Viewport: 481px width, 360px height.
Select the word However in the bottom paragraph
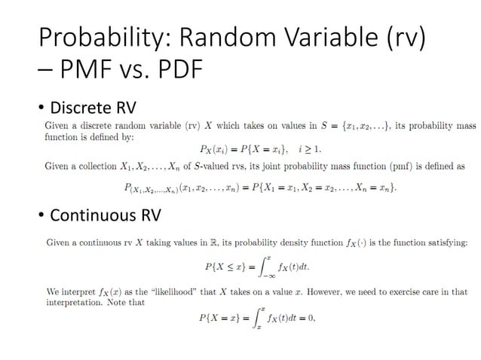pos(349,291)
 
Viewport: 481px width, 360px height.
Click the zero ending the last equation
pos(310,318)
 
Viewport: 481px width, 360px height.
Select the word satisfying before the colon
pos(445,243)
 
